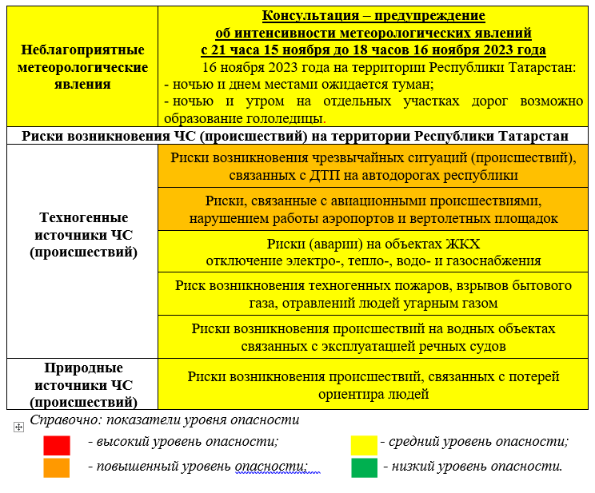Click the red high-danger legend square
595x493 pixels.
point(57,445)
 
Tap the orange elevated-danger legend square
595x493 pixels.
point(57,467)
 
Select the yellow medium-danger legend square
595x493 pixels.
point(364,445)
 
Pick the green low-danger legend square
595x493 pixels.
point(364,467)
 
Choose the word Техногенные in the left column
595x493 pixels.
point(82,217)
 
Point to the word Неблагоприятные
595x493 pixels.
point(82,50)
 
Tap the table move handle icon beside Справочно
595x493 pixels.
point(18,427)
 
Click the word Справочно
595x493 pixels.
point(62,420)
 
